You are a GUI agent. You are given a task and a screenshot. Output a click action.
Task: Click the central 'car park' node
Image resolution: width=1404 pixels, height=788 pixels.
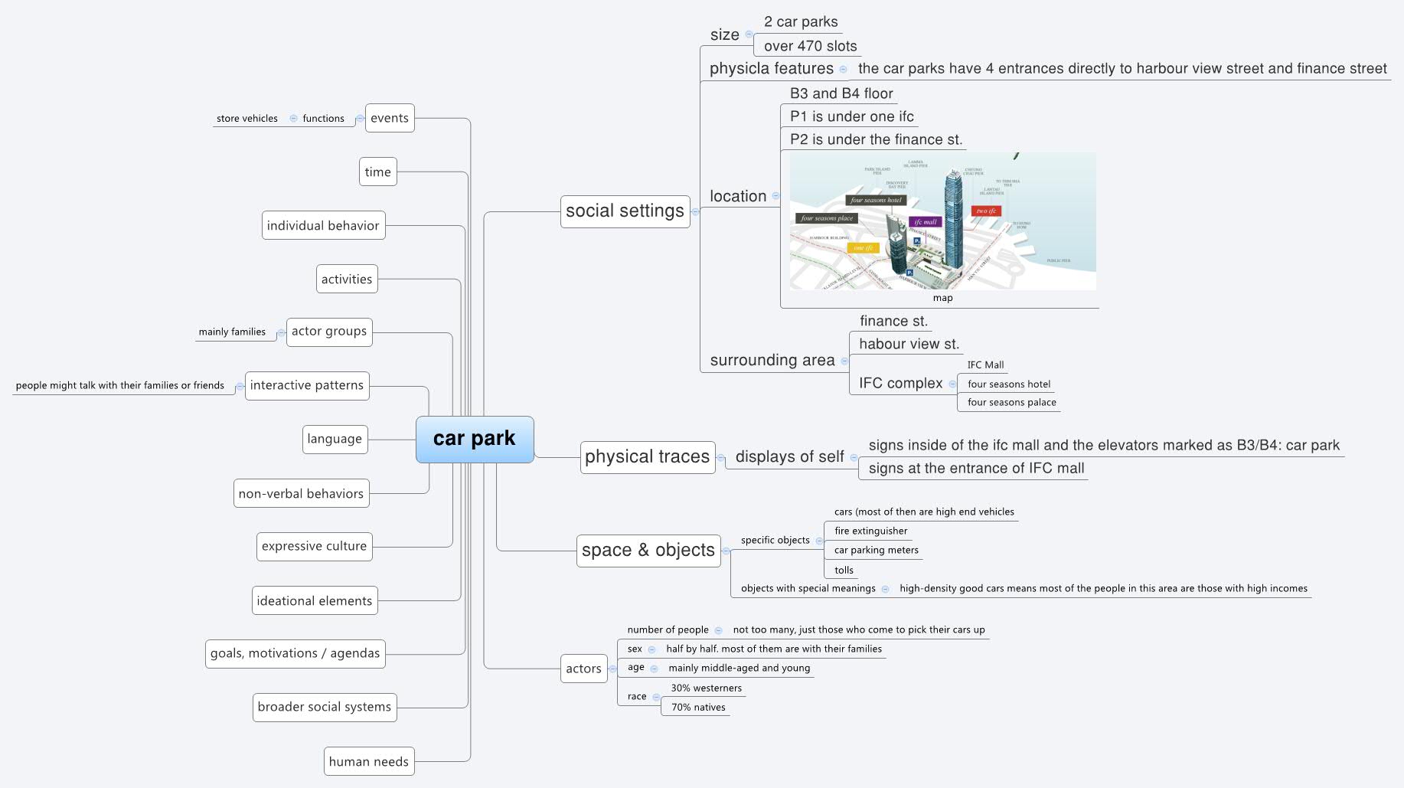click(x=474, y=439)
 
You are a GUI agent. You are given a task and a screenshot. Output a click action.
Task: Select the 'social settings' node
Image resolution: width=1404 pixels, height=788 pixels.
click(x=625, y=211)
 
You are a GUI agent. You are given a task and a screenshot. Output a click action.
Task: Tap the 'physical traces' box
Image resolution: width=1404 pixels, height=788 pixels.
click(x=647, y=457)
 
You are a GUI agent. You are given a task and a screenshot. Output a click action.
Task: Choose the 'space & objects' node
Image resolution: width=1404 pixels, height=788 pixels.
click(x=648, y=551)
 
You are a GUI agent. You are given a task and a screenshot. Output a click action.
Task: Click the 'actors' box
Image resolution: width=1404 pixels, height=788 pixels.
click(x=583, y=669)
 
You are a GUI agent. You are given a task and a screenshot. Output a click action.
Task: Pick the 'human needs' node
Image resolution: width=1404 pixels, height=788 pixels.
click(x=368, y=761)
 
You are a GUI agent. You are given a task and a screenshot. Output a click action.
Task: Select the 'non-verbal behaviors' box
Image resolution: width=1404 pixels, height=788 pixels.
click(x=301, y=494)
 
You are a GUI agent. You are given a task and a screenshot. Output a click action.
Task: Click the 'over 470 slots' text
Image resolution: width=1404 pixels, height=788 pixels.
click(x=810, y=46)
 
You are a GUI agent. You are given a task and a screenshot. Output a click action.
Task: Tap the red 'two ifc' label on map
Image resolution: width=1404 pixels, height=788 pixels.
click(x=985, y=211)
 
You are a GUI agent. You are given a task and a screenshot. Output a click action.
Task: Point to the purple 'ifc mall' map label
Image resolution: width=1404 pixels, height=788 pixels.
click(x=925, y=222)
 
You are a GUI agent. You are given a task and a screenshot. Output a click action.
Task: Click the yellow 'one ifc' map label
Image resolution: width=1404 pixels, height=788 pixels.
click(x=863, y=248)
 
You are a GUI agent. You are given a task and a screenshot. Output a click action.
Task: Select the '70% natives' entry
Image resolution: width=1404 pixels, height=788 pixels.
click(x=698, y=708)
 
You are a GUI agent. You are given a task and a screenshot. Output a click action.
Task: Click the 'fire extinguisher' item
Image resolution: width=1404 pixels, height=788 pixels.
click(x=870, y=531)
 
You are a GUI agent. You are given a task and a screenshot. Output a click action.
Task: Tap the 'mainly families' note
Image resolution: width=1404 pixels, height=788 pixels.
click(x=232, y=332)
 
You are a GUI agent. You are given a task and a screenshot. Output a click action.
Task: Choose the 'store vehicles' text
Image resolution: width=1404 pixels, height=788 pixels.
click(x=247, y=119)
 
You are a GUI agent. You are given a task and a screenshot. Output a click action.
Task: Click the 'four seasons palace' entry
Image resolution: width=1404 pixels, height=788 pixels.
click(x=1011, y=402)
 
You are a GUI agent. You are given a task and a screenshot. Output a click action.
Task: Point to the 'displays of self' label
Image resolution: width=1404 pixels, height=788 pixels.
click(x=789, y=457)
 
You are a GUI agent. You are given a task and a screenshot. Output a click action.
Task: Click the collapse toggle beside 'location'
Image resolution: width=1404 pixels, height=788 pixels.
click(x=775, y=196)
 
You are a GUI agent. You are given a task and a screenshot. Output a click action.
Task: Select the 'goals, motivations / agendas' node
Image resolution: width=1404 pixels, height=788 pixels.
click(x=295, y=653)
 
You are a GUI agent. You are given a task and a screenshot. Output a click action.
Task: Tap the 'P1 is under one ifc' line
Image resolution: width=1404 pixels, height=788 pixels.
click(x=851, y=116)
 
